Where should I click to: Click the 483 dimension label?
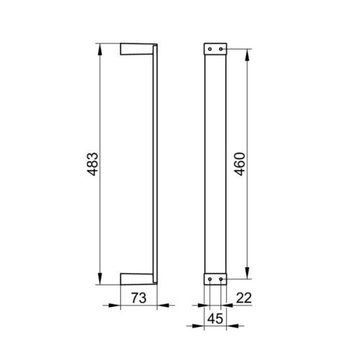[93, 164]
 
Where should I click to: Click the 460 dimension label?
[240, 164]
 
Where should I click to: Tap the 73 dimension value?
[139, 298]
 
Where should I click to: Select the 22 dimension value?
[244, 298]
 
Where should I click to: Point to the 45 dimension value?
[215, 319]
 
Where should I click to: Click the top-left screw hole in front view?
[210, 49]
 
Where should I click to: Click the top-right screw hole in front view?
[221, 49]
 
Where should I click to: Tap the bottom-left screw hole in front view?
[210, 279]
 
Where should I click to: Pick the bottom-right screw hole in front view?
[221, 279]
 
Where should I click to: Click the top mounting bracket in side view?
[137, 49]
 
